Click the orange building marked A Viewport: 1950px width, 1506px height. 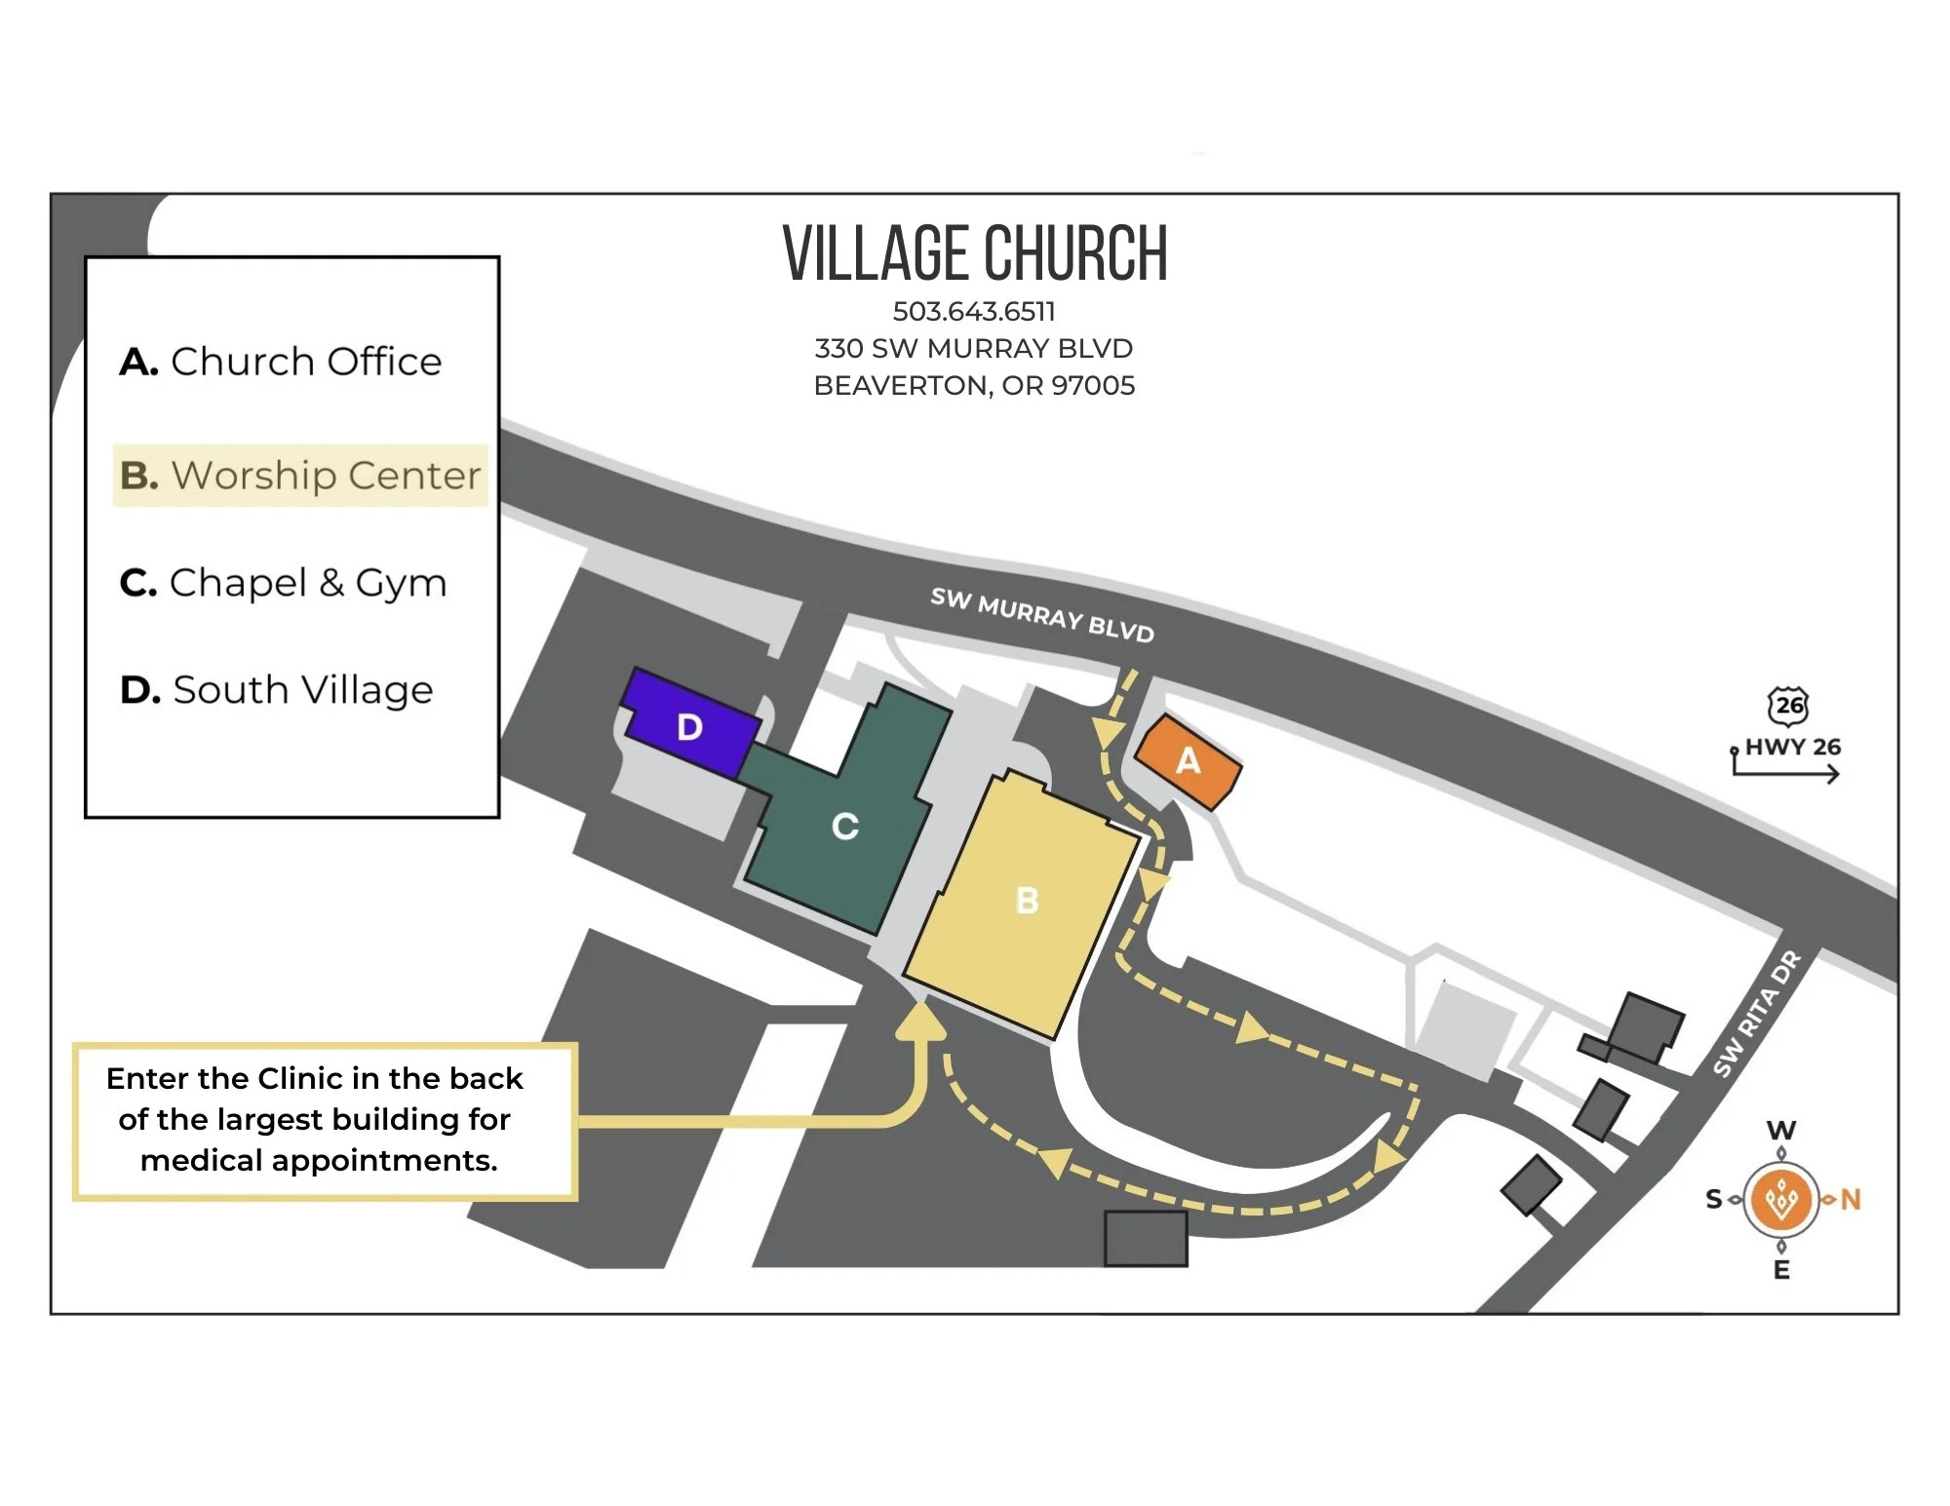[1188, 761]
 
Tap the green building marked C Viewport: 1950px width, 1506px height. [844, 827]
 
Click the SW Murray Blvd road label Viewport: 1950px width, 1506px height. [1041, 615]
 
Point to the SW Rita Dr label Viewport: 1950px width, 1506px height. [1756, 1014]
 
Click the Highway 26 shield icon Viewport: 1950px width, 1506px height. [1788, 705]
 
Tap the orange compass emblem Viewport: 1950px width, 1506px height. [1781, 1199]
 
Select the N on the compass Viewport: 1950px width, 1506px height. [1851, 1200]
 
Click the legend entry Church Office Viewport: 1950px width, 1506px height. [281, 362]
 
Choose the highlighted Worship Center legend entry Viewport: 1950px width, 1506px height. [300, 476]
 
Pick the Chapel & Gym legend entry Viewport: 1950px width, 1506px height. [283, 583]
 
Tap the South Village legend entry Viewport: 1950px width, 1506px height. [277, 690]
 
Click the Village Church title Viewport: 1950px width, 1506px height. [975, 253]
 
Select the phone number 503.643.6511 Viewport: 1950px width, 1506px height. [974, 312]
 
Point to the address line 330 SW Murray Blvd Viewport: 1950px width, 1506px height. [974, 349]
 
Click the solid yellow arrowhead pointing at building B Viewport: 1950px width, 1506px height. [920, 1020]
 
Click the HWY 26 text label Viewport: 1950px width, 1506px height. [1793, 748]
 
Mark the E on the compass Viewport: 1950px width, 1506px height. [1781, 1269]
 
